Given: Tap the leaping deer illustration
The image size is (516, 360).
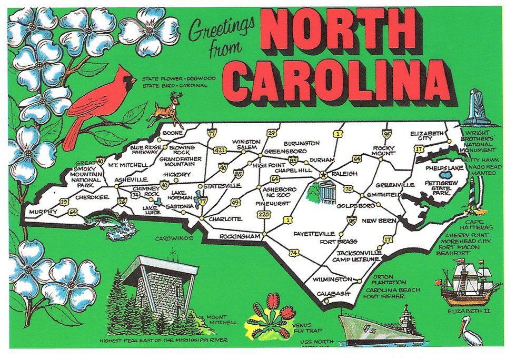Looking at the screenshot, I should pos(164,108).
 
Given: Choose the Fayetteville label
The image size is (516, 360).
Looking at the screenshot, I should pos(315,233).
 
